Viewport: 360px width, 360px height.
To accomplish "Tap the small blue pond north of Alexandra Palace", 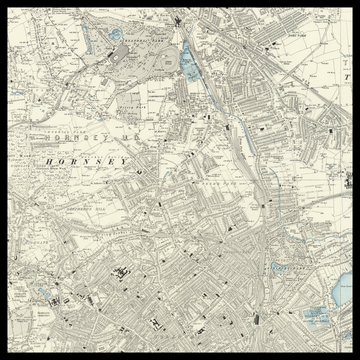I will pyautogui.click(x=115, y=35).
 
